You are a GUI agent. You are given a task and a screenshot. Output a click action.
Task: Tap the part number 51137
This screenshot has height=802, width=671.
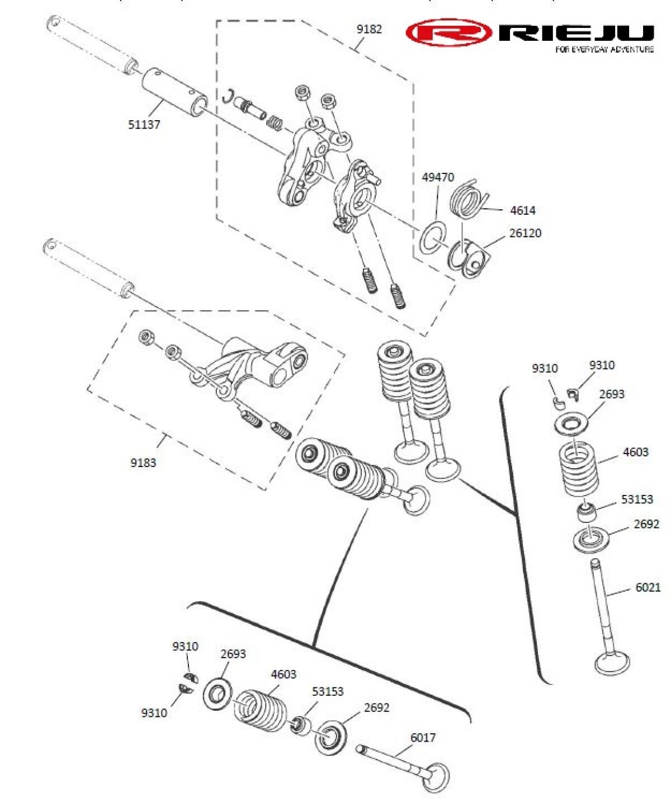[144, 124]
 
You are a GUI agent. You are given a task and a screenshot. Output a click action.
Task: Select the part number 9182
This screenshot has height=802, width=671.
[369, 29]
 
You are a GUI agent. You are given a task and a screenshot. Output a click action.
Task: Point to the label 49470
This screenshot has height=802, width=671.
[438, 177]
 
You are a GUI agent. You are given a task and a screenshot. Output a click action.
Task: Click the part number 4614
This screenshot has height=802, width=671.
[523, 210]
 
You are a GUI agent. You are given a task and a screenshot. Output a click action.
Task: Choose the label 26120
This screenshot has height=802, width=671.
[525, 233]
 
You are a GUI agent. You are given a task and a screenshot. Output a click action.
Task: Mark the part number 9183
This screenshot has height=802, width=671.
[143, 463]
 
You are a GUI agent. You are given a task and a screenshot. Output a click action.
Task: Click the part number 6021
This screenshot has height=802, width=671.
[648, 587]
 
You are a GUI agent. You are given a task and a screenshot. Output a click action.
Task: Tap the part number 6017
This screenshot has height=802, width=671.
[423, 737]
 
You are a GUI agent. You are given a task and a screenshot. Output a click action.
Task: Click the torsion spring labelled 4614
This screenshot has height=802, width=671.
[467, 198]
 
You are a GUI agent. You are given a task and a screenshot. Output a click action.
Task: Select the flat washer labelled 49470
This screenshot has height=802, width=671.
[432, 238]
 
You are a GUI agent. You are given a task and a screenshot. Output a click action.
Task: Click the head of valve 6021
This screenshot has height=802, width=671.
[613, 663]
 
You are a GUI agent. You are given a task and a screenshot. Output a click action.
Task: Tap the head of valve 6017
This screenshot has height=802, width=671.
[435, 777]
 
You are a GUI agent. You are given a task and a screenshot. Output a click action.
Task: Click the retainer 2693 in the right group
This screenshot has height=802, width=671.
[570, 423]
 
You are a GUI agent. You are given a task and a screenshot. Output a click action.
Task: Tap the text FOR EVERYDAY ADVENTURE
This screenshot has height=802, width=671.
[604, 50]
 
